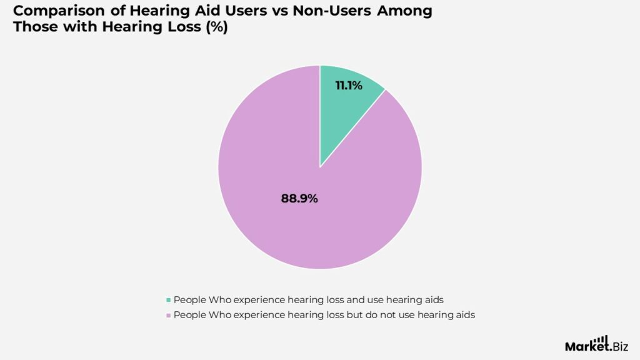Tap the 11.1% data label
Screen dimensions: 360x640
[x=349, y=86]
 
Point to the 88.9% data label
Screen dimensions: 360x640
[x=299, y=199]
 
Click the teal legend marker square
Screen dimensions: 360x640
[x=168, y=300]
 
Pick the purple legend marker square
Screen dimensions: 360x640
[x=168, y=316]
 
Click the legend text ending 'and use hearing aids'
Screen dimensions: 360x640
[x=309, y=299]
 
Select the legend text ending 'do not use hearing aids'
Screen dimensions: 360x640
[x=324, y=315]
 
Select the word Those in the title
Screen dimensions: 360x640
[x=34, y=28]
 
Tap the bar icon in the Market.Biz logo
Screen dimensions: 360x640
[x=601, y=339]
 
